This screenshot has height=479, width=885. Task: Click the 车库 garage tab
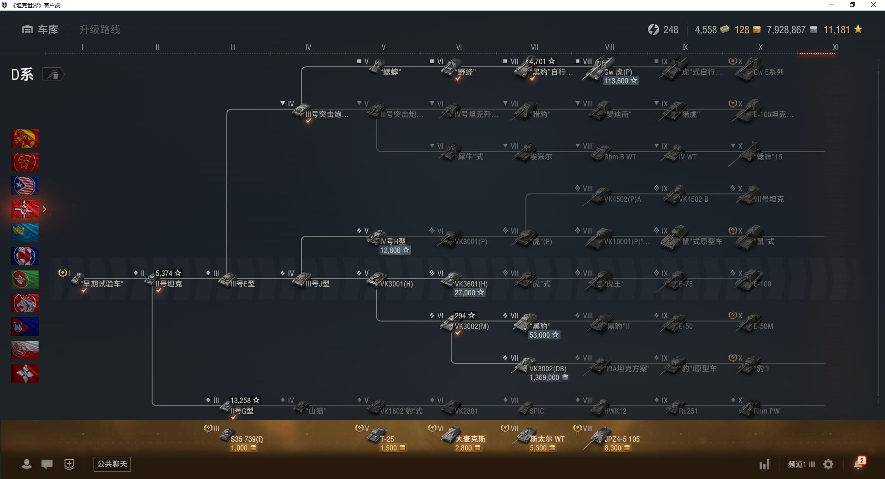(x=40, y=29)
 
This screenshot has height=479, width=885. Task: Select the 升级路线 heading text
(x=100, y=29)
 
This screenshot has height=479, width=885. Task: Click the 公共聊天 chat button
(x=112, y=464)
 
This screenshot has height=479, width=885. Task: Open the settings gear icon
(x=828, y=464)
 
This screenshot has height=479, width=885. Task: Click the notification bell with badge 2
(x=858, y=464)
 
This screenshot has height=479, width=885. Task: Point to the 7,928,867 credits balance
(x=786, y=30)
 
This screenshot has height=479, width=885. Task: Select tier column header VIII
(x=609, y=47)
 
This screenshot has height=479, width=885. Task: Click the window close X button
(x=873, y=5)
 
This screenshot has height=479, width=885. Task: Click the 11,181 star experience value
(x=837, y=30)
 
